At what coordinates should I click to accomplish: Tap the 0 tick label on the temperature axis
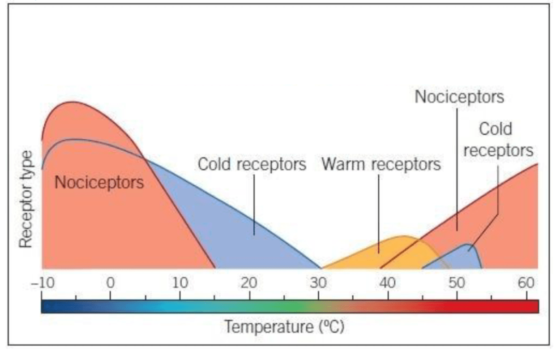pos(111,283)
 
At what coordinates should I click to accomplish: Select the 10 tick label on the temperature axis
pos(180,283)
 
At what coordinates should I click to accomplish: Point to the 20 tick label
pos(249,283)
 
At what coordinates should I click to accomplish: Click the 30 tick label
pos(318,283)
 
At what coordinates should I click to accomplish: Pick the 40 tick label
pos(388,283)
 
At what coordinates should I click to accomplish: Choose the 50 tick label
pos(457,283)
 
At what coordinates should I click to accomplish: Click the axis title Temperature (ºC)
pos(284,326)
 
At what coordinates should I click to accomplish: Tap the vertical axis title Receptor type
pos(26,198)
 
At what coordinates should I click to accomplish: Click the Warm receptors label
pos(381,165)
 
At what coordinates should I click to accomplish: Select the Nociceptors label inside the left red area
pos(99,182)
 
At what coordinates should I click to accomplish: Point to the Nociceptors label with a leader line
pos(459,97)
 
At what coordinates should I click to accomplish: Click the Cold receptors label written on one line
pos(252,164)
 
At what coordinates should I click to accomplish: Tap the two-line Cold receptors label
pos(498,140)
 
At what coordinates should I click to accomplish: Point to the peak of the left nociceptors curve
pos(72,103)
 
